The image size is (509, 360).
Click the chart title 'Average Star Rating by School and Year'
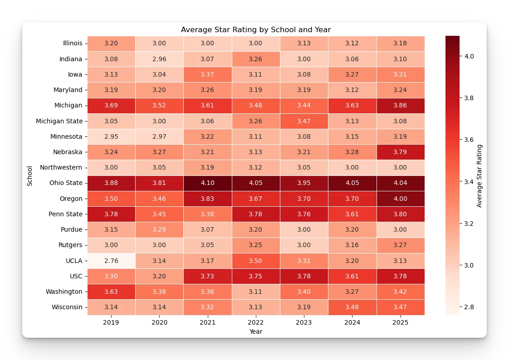(256, 30)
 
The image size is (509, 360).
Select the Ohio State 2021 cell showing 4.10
(208, 183)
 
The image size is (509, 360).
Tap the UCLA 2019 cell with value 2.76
(111, 261)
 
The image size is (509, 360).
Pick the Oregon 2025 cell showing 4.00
(401, 199)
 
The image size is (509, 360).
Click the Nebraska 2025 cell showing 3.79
(401, 152)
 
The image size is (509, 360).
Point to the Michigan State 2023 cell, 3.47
(304, 121)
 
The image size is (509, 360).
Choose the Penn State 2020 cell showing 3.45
(159, 214)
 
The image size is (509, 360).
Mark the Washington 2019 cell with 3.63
(111, 292)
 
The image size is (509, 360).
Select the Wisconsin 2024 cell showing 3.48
(352, 307)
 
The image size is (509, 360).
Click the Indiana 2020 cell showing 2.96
(159, 59)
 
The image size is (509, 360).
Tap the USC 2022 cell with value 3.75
(256, 276)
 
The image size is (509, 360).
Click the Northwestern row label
(61, 167)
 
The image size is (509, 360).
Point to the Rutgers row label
(71, 245)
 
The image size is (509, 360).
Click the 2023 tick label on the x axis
(304, 323)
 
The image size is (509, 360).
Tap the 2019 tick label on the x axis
(111, 323)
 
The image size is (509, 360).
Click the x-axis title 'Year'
(256, 331)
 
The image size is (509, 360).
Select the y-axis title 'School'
(30, 175)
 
